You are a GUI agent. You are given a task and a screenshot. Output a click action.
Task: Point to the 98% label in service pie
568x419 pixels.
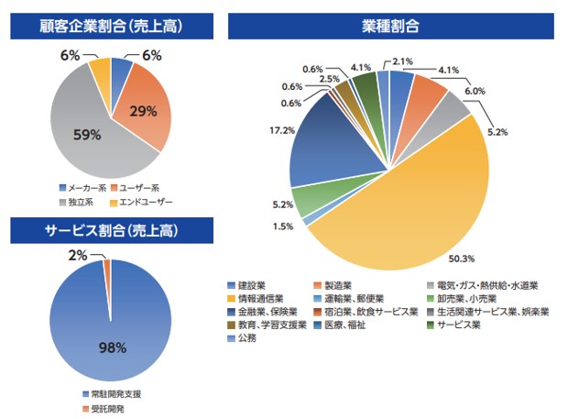click(x=111, y=347)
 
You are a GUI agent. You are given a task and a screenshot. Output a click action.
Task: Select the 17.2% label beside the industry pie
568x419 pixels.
click(x=269, y=131)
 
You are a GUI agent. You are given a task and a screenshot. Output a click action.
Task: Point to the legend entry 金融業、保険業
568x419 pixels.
click(x=261, y=311)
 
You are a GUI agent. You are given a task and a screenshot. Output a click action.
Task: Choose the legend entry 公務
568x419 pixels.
click(x=245, y=337)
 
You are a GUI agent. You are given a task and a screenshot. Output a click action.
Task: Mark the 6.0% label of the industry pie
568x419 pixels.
click(x=474, y=91)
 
